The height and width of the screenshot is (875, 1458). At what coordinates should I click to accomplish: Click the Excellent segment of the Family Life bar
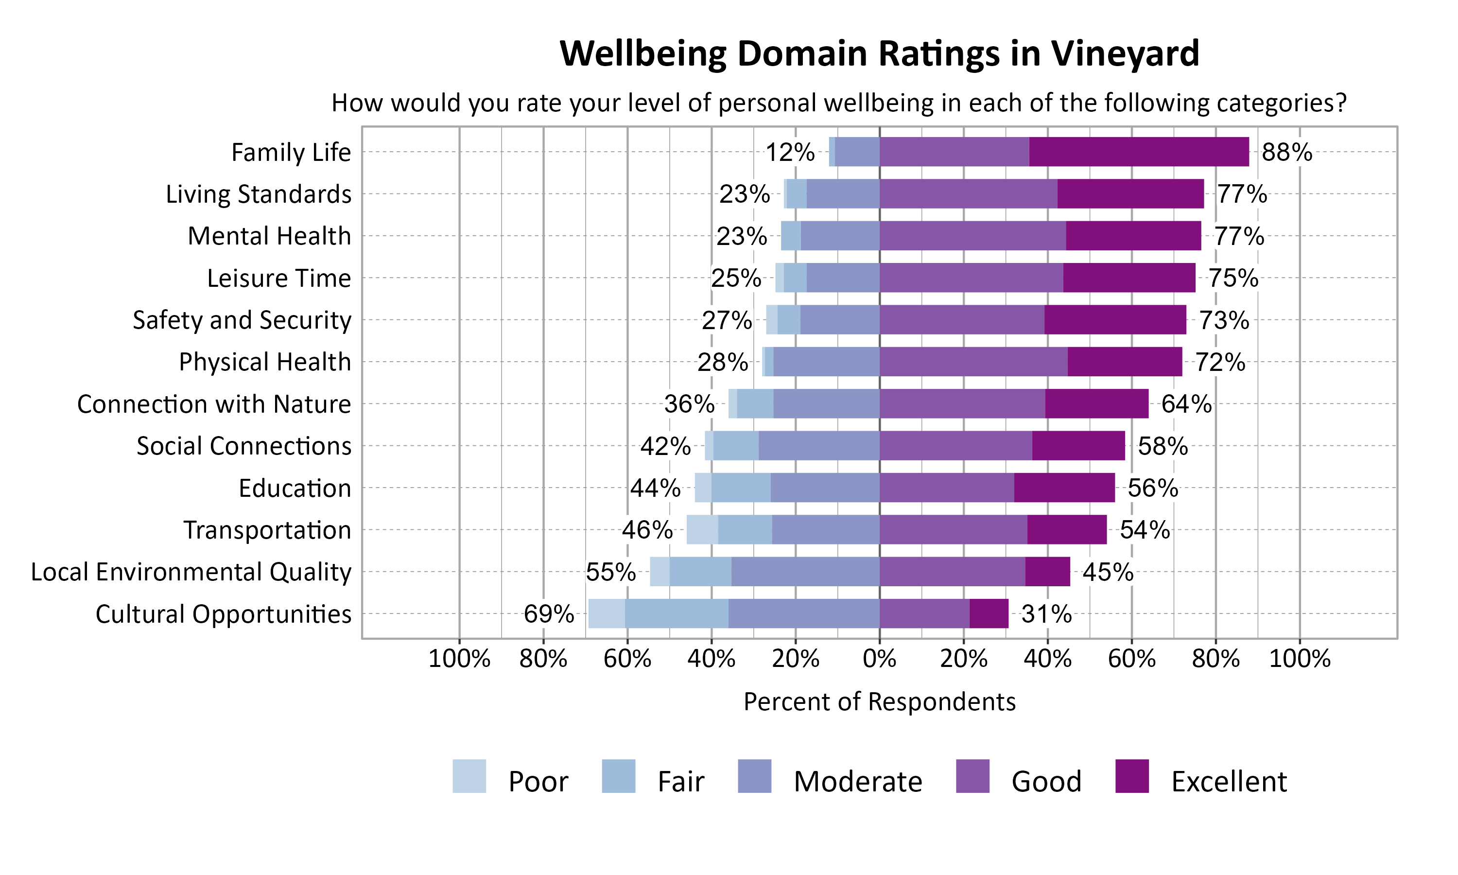[1139, 152]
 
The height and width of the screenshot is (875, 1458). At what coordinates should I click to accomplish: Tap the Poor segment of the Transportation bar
[702, 529]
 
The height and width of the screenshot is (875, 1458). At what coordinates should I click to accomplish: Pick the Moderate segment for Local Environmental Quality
[805, 571]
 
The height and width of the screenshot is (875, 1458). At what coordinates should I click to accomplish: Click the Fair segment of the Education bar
[741, 488]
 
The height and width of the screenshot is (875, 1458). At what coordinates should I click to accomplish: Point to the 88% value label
[1286, 152]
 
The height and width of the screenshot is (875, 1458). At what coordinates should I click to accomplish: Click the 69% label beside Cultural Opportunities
[549, 614]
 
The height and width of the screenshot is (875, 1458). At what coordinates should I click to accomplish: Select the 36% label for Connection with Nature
[689, 404]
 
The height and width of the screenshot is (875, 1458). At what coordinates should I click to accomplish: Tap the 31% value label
[1046, 614]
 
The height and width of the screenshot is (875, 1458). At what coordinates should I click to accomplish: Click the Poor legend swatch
[469, 776]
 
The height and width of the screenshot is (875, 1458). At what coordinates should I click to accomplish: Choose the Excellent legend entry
[1229, 781]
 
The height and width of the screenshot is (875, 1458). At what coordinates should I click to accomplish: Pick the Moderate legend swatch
[754, 776]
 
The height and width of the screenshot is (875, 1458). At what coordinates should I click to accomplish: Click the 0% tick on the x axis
[879, 659]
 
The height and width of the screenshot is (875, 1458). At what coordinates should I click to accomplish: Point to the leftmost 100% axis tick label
[459, 659]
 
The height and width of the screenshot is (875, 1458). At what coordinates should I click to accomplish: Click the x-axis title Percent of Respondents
[879, 701]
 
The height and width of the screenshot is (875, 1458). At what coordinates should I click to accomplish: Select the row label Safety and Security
[242, 320]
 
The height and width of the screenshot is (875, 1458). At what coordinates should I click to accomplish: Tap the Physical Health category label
[264, 362]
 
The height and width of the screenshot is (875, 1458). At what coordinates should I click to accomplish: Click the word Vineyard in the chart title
[1125, 53]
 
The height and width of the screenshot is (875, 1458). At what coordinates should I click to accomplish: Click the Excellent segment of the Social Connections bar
[1078, 446]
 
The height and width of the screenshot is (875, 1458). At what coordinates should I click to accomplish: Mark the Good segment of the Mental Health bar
[972, 236]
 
